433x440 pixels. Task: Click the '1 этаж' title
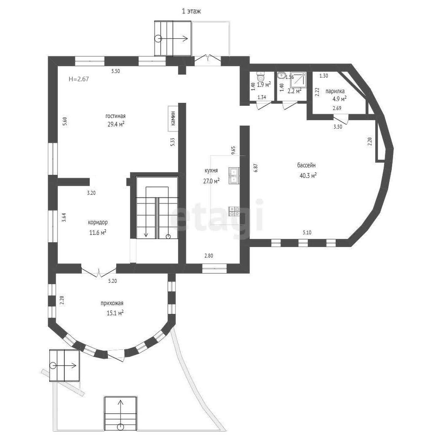(192, 11)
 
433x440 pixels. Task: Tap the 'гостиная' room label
(115, 116)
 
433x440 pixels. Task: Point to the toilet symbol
(261, 76)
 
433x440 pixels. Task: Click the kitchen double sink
(234, 176)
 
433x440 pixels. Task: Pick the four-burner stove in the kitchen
(234, 211)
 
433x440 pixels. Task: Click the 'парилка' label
(335, 91)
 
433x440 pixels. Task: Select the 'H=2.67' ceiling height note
(79, 79)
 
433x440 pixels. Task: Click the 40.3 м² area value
(308, 175)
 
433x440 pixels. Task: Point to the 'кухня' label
(211, 171)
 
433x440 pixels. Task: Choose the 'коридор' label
(98, 223)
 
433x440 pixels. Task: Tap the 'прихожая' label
(112, 303)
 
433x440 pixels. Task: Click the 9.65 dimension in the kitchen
(233, 150)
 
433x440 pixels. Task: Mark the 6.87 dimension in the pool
(255, 168)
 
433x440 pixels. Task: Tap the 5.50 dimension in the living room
(115, 71)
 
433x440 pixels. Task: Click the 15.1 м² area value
(115, 313)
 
